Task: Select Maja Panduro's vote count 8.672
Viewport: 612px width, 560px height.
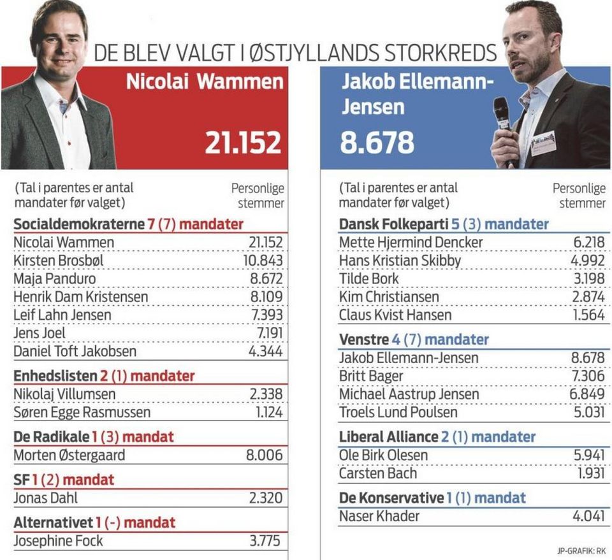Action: pos(265,278)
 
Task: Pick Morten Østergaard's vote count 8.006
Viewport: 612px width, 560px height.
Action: pos(265,455)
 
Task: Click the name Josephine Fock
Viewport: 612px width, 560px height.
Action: pos(58,541)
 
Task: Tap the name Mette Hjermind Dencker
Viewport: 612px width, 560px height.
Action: pos(411,243)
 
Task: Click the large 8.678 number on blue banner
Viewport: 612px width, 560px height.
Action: pos(377,143)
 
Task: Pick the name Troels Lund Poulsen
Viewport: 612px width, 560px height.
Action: pos(398,412)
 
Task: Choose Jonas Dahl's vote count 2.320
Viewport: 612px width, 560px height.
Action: pos(265,498)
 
